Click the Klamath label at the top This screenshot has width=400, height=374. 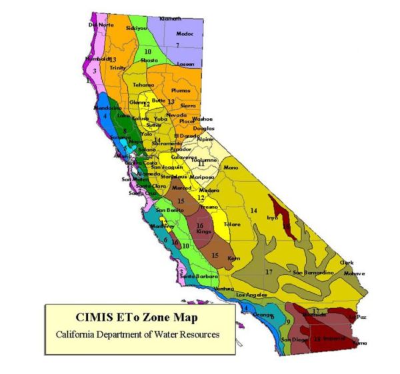point(171,19)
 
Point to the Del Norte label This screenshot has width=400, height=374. point(98,25)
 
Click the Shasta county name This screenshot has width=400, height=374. point(149,59)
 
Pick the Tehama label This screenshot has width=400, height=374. point(143,85)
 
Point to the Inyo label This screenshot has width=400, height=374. point(272,217)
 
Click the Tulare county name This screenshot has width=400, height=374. point(231,225)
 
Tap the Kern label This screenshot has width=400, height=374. point(233,257)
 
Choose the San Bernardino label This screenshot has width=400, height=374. point(309,273)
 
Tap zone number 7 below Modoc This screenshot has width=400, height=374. point(177,45)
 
